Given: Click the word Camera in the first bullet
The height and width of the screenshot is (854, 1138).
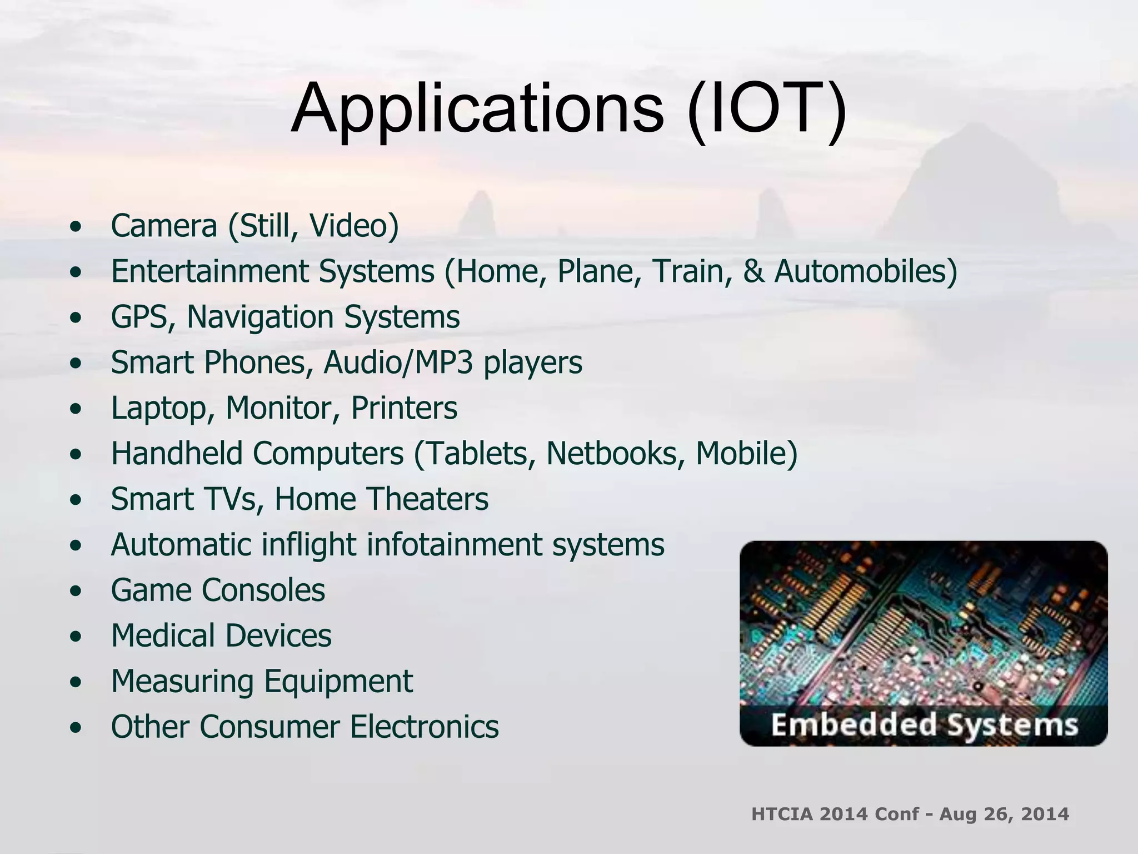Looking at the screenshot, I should click(164, 226).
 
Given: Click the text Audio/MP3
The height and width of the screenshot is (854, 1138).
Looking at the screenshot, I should click(398, 363).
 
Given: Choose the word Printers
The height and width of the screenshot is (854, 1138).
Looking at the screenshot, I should click(404, 409).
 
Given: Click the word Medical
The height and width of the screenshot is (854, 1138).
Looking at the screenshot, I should click(163, 636).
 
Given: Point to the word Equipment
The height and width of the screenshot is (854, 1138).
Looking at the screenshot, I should click(338, 682).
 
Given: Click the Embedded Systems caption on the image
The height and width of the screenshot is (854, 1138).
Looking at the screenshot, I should click(924, 726).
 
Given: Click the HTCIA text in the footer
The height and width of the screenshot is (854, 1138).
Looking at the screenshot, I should click(782, 814).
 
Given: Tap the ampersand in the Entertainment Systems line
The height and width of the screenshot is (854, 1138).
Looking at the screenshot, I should click(753, 272).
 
